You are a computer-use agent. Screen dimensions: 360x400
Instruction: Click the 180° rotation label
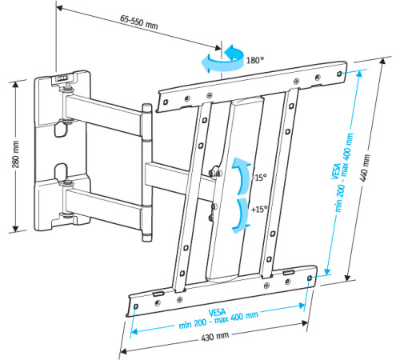255,57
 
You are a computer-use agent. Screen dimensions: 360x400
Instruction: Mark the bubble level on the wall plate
63,78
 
